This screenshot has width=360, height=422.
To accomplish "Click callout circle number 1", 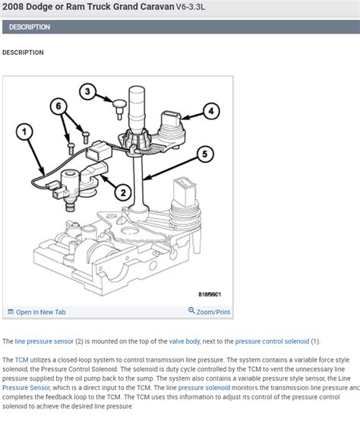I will tap(26, 134).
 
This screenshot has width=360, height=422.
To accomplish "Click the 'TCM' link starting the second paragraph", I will tap(22, 357).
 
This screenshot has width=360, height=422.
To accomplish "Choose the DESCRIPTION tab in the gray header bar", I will tap(30, 27).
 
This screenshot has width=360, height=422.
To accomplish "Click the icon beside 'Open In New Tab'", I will tap(10, 312).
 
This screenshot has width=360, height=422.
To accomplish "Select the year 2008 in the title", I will tap(14, 8).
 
